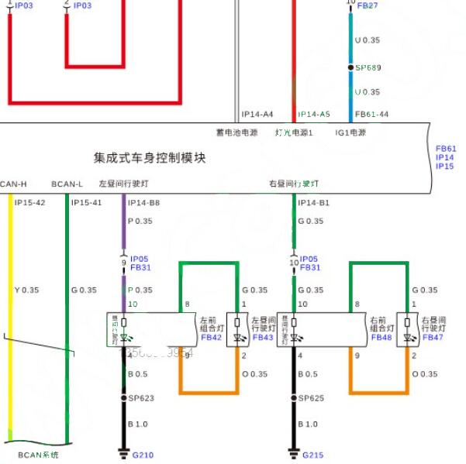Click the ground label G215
(x=312, y=455)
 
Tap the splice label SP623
(x=141, y=398)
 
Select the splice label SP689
(x=368, y=67)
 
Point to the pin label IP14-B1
(x=314, y=203)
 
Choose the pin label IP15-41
(x=86, y=203)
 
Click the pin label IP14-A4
(x=257, y=114)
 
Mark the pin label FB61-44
(x=371, y=114)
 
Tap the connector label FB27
(x=368, y=5)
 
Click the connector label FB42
(x=212, y=337)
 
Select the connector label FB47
(x=433, y=337)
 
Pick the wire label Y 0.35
(x=28, y=290)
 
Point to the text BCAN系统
(x=38, y=455)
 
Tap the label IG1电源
(x=351, y=132)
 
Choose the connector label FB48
(x=381, y=337)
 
